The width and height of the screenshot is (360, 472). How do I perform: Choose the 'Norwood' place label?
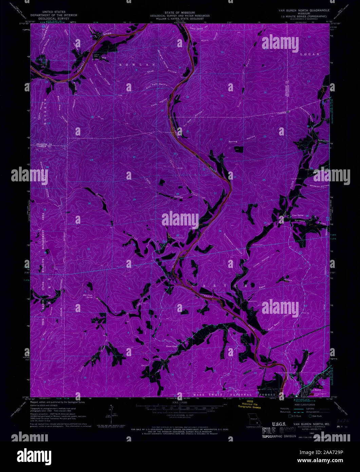[x=300, y=221]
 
